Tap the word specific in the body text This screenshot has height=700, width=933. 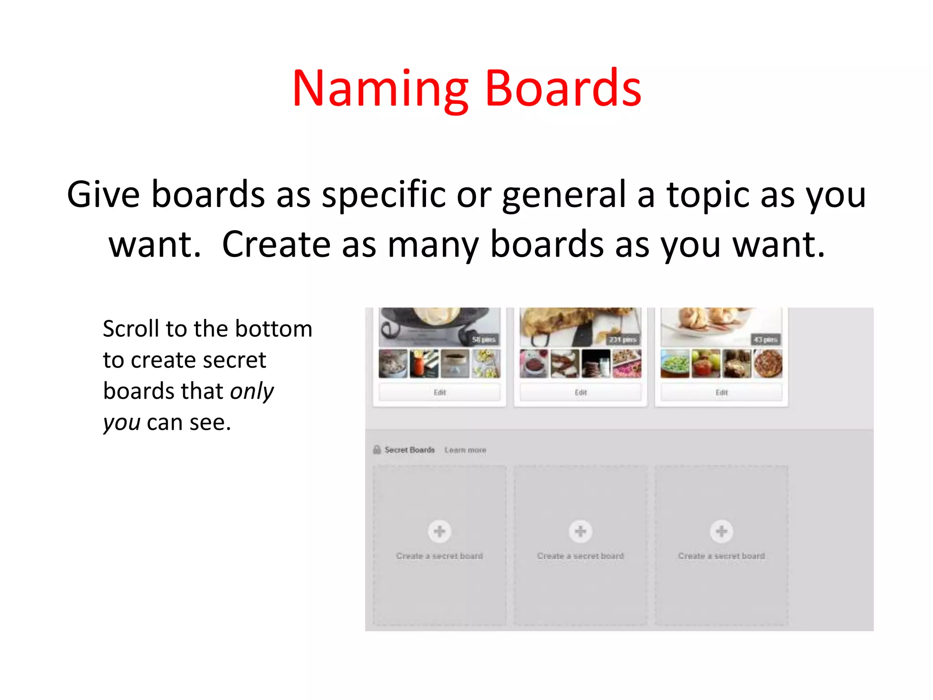pyautogui.click(x=384, y=195)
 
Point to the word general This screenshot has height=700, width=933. pyautogui.click(x=564, y=195)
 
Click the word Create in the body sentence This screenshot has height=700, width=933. pyautogui.click(x=276, y=245)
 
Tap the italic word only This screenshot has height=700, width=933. pyautogui.click(x=252, y=391)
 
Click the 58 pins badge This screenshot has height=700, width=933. pyautogui.click(x=483, y=340)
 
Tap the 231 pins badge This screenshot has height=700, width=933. pyautogui.click(x=622, y=340)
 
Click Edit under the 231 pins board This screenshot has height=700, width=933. pyautogui.click(x=580, y=392)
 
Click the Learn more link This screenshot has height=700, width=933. pyautogui.click(x=465, y=450)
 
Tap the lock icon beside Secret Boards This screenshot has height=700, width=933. pyautogui.click(x=377, y=450)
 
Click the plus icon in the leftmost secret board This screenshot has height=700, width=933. pyautogui.click(x=439, y=531)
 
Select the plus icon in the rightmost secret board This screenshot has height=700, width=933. pyautogui.click(x=721, y=531)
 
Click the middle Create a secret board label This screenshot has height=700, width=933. pyautogui.click(x=580, y=556)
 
